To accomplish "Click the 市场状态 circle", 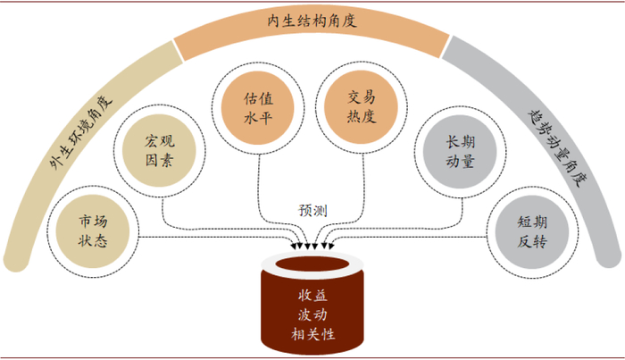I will [x=93, y=230].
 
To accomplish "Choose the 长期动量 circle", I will [x=463, y=153].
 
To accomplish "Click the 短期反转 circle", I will [x=531, y=230].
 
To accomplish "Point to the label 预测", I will [x=312, y=210].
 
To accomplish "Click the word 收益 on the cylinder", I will [x=312, y=296].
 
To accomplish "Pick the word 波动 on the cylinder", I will [x=312, y=314].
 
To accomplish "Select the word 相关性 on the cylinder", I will [x=312, y=334].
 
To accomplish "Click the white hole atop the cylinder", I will [x=312, y=266].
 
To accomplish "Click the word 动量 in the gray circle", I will [x=463, y=163].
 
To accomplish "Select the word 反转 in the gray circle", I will [x=531, y=241].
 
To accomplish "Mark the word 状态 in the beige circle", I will [x=93, y=241].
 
